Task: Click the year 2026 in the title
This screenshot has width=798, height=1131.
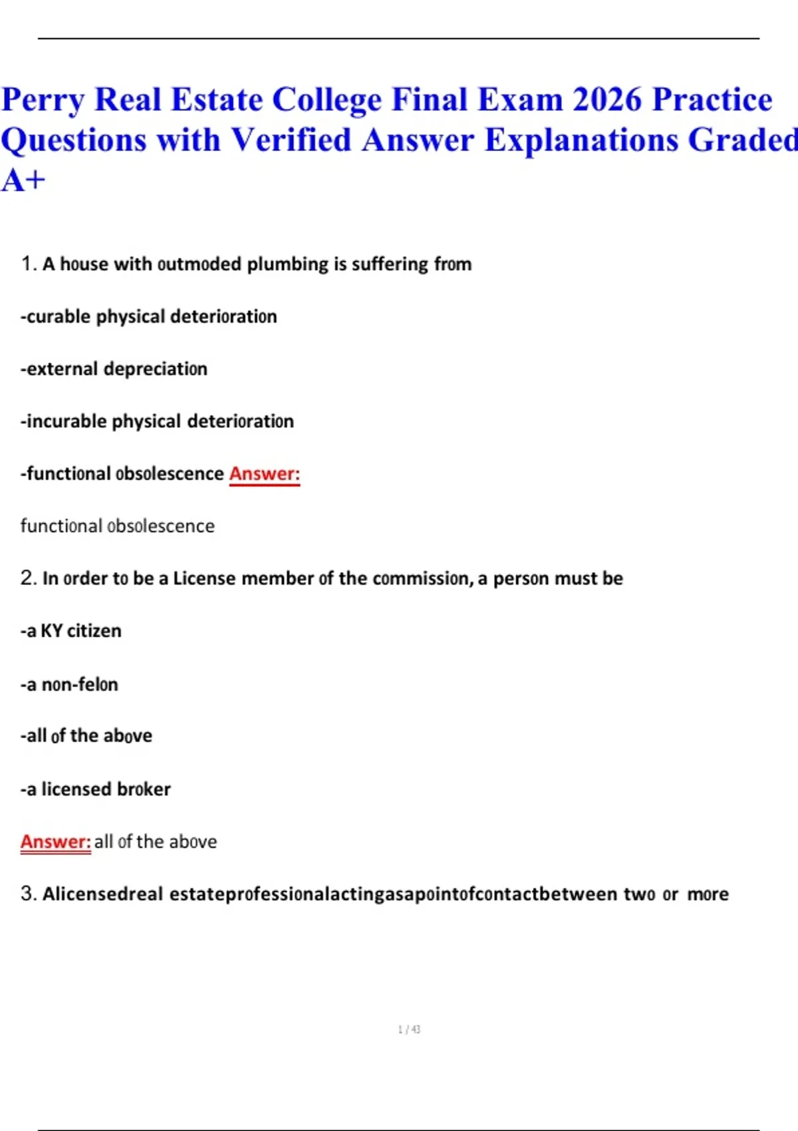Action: (607, 100)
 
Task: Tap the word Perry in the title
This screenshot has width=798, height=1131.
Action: (43, 101)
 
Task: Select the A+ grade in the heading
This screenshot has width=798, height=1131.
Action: (23, 180)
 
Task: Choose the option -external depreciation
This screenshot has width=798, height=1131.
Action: (114, 369)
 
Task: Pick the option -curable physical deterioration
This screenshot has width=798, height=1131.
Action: (148, 317)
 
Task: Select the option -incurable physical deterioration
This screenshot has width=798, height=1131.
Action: (157, 421)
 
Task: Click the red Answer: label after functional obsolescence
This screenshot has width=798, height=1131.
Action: (265, 474)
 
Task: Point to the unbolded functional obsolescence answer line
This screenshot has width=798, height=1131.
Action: (118, 526)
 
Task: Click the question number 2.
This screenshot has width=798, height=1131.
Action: (28, 578)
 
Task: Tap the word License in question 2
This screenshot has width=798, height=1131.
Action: (204, 578)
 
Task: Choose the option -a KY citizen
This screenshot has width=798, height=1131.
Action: (71, 631)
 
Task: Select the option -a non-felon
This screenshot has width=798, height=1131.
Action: (69, 684)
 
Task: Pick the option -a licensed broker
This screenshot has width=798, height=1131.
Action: (95, 789)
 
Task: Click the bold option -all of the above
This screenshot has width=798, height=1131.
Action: (86, 736)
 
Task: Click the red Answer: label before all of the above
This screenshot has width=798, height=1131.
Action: (55, 842)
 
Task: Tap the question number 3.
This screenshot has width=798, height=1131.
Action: (28, 893)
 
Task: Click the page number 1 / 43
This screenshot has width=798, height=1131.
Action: (409, 1029)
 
